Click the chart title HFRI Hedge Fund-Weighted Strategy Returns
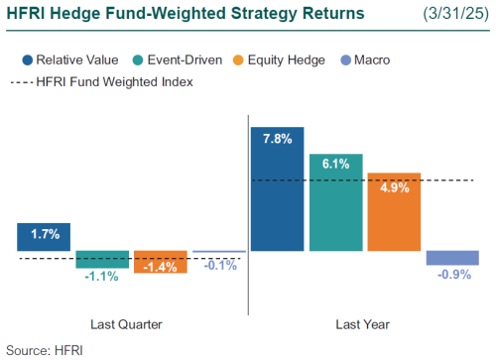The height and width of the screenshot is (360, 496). click(x=185, y=14)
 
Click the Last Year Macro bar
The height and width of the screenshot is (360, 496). click(x=452, y=258)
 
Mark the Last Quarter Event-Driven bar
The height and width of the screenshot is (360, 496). click(x=102, y=260)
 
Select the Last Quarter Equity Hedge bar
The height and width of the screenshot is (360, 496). click(x=161, y=262)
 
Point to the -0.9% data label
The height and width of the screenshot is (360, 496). click(x=452, y=275)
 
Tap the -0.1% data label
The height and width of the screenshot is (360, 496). click(x=219, y=265)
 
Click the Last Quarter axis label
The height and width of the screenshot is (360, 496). click(x=122, y=324)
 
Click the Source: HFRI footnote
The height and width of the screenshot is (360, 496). click(x=46, y=349)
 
